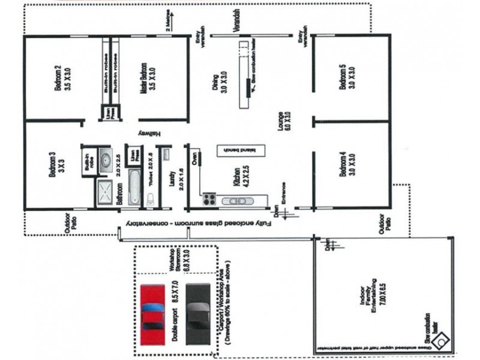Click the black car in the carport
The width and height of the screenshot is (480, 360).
(x=199, y=313)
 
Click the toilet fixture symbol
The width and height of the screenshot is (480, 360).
(x=150, y=199)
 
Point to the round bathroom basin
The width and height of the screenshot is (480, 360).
(x=104, y=160)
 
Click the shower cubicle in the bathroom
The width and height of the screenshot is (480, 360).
(x=104, y=193)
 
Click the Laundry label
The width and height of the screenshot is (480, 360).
(x=175, y=180)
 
